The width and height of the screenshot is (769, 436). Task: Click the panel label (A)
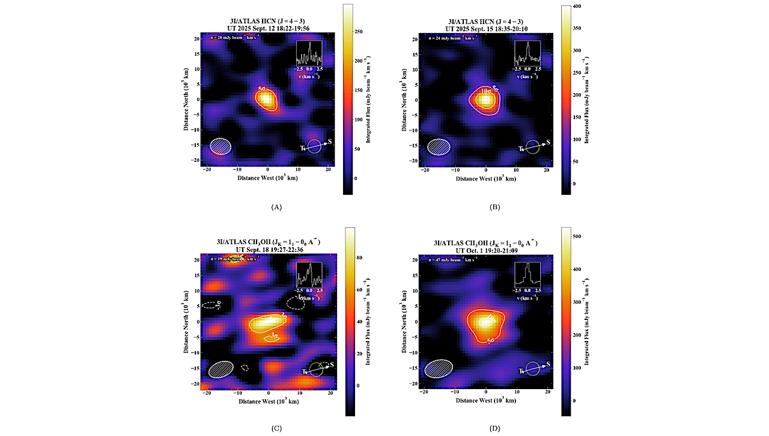(276, 207)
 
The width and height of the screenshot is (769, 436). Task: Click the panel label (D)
(494, 428)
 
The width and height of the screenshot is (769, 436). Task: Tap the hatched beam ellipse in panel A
(220, 146)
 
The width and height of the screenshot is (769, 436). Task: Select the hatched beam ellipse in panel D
(439, 368)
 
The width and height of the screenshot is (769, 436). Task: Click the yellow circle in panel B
(532, 147)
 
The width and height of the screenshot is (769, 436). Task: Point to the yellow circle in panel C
(316, 370)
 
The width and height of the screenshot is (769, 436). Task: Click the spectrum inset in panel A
(309, 54)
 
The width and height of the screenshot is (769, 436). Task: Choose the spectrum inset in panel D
(527, 275)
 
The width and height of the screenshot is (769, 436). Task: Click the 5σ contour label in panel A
(263, 89)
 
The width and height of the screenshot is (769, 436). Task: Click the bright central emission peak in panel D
(485, 322)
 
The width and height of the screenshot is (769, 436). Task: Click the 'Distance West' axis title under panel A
(268, 178)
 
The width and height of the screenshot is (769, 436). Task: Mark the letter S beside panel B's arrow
(549, 143)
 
